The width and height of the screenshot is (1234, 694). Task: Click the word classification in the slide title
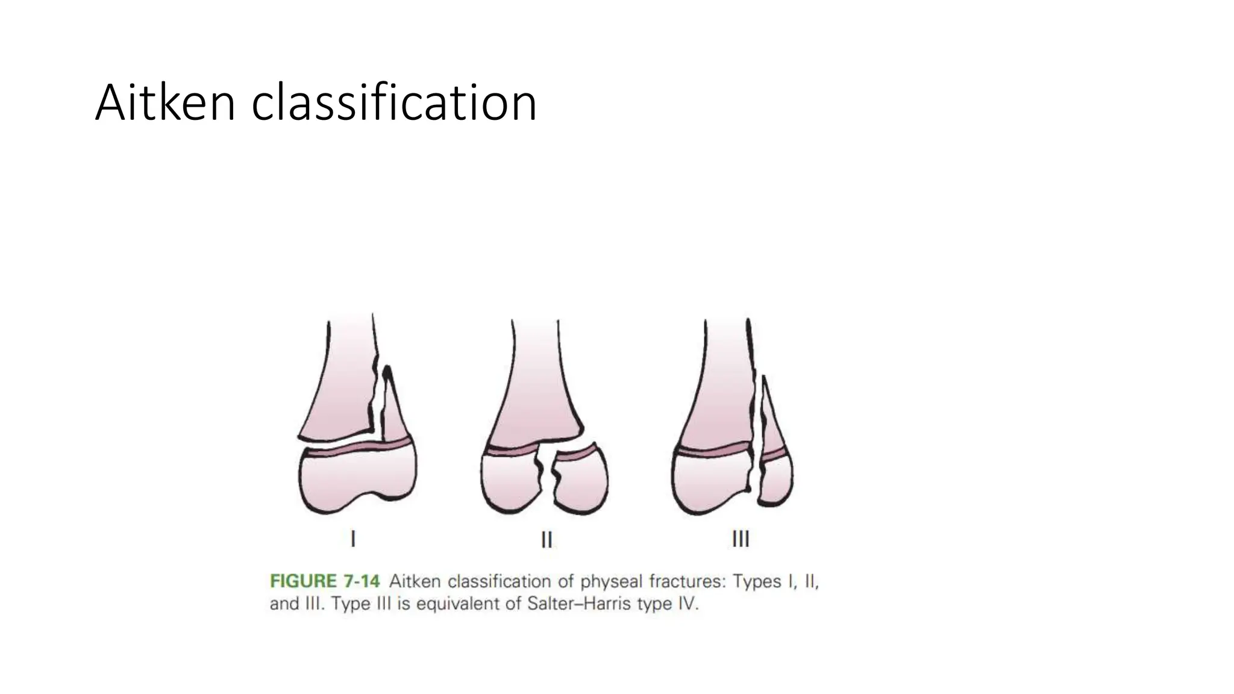click(x=393, y=103)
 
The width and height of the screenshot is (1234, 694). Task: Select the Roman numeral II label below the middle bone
click(x=547, y=539)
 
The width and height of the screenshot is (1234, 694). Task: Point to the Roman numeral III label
click(x=740, y=539)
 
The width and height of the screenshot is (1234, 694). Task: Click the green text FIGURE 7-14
click(x=325, y=581)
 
